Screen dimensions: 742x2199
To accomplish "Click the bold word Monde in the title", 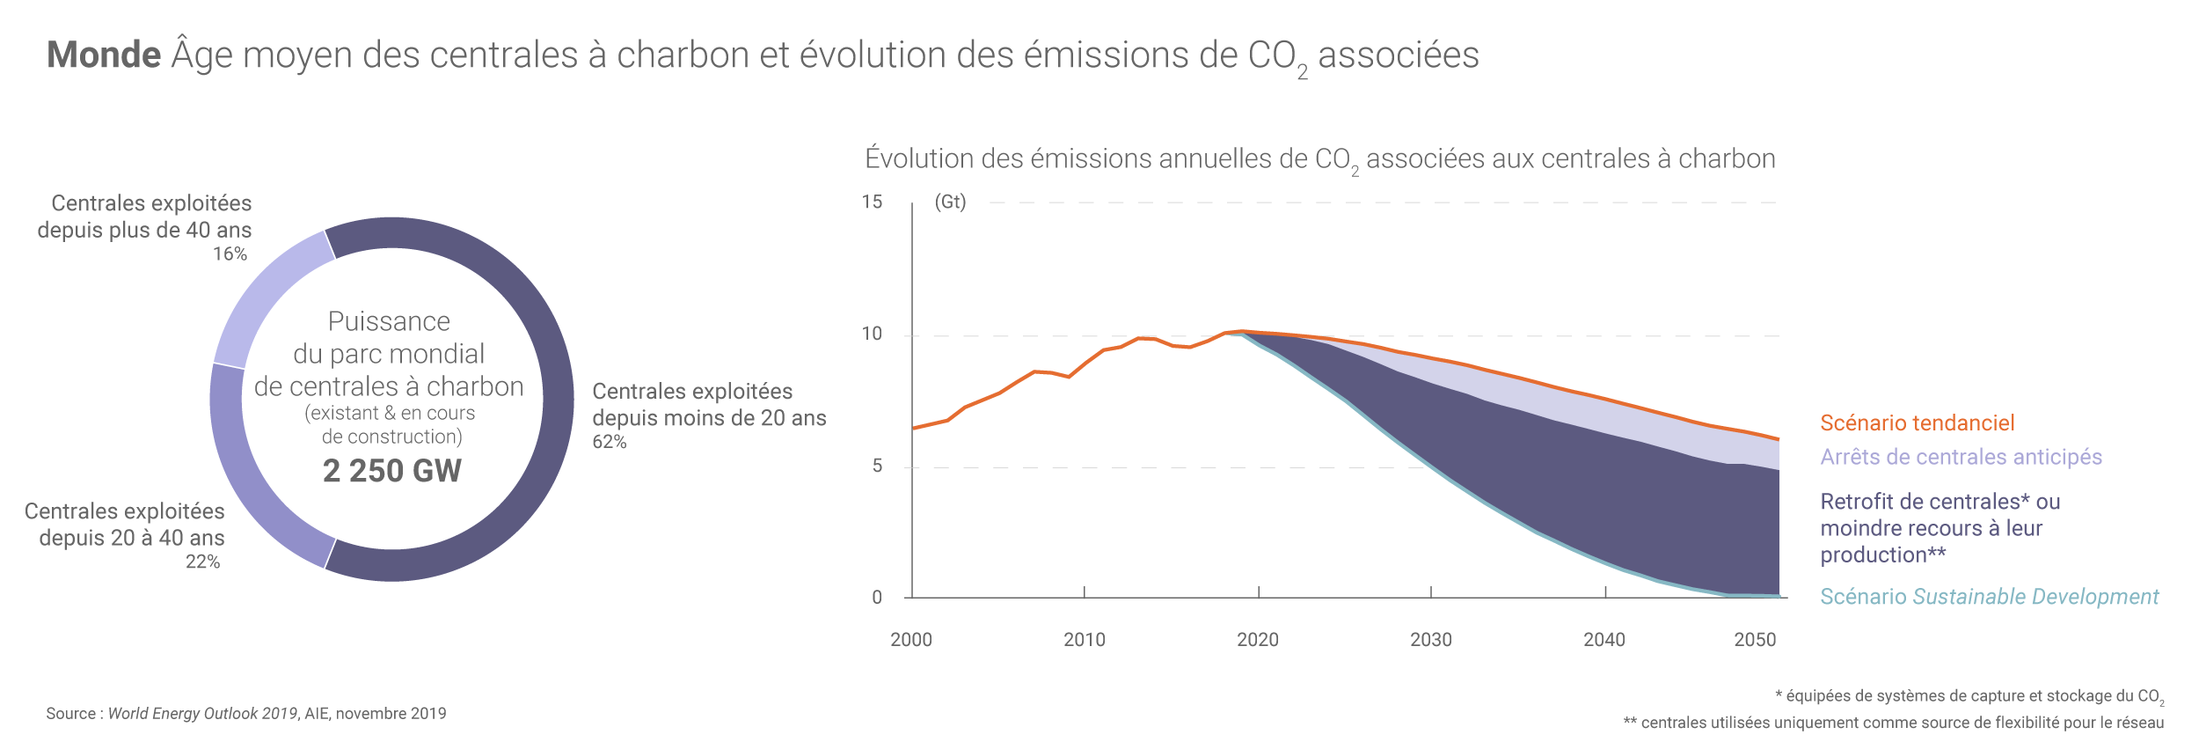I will [104, 55].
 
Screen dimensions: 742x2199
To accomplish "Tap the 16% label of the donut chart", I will [230, 254].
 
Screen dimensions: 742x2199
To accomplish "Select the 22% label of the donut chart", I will [202, 562].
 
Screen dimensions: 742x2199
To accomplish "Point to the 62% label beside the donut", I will [609, 442].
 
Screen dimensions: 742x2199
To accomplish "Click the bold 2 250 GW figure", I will [391, 471].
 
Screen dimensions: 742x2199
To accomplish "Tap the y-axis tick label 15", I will [872, 202].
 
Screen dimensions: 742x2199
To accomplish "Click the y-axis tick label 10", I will [872, 334].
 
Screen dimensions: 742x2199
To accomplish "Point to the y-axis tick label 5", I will [877, 467].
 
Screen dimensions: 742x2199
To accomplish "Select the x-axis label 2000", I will [911, 640].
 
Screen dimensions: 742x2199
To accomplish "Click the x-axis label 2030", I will [1431, 640].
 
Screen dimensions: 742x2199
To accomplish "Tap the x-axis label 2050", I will [1755, 640].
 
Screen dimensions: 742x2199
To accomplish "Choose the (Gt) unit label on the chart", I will [950, 202].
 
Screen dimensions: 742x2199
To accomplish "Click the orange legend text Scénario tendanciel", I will [1917, 423].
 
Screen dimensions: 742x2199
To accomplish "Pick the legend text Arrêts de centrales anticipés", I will [1961, 458].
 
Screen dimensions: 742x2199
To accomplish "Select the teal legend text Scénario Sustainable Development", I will [1989, 597].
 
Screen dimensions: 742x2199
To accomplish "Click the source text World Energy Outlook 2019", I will [202, 714].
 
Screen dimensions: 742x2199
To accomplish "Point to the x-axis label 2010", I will [1085, 640].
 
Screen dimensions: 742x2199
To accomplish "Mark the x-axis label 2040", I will [1604, 640].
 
